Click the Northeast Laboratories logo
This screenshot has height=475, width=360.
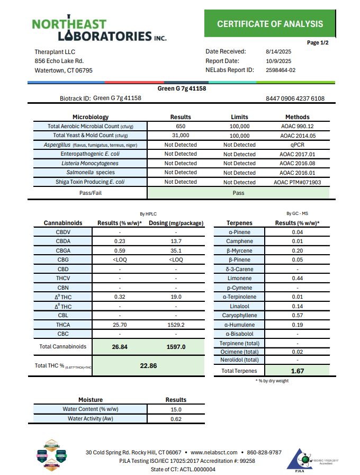[x=98, y=29]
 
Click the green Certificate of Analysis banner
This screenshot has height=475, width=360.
[x=269, y=24]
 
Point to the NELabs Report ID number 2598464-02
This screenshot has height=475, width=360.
[x=280, y=70]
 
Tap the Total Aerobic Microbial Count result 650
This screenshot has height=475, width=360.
[x=181, y=127]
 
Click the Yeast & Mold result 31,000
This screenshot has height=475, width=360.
[x=181, y=136]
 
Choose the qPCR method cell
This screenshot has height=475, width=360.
[x=297, y=145]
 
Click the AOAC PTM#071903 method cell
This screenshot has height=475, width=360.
[x=297, y=182]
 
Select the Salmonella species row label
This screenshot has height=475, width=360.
[x=91, y=173]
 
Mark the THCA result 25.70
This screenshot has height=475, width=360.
[x=120, y=325]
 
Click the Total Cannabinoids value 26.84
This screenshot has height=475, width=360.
[x=120, y=347]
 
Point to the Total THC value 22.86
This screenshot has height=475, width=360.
[x=148, y=365]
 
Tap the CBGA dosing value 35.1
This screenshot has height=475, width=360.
[x=176, y=251]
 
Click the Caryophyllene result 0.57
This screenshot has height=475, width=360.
[x=298, y=316]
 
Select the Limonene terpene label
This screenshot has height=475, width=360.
[x=239, y=279]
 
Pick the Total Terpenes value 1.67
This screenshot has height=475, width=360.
[x=298, y=371]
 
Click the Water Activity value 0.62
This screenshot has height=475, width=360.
[x=176, y=419]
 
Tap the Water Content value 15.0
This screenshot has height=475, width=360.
[x=176, y=409]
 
